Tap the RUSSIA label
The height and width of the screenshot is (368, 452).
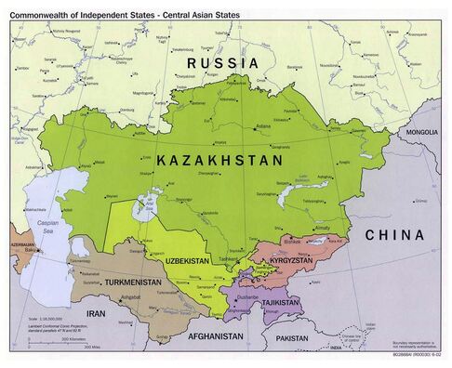coord(223,62)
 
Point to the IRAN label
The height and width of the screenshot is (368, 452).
coord(92,314)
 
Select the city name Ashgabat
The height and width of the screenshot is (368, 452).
coord(130,300)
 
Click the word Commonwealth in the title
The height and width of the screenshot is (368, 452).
coord(47,9)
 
